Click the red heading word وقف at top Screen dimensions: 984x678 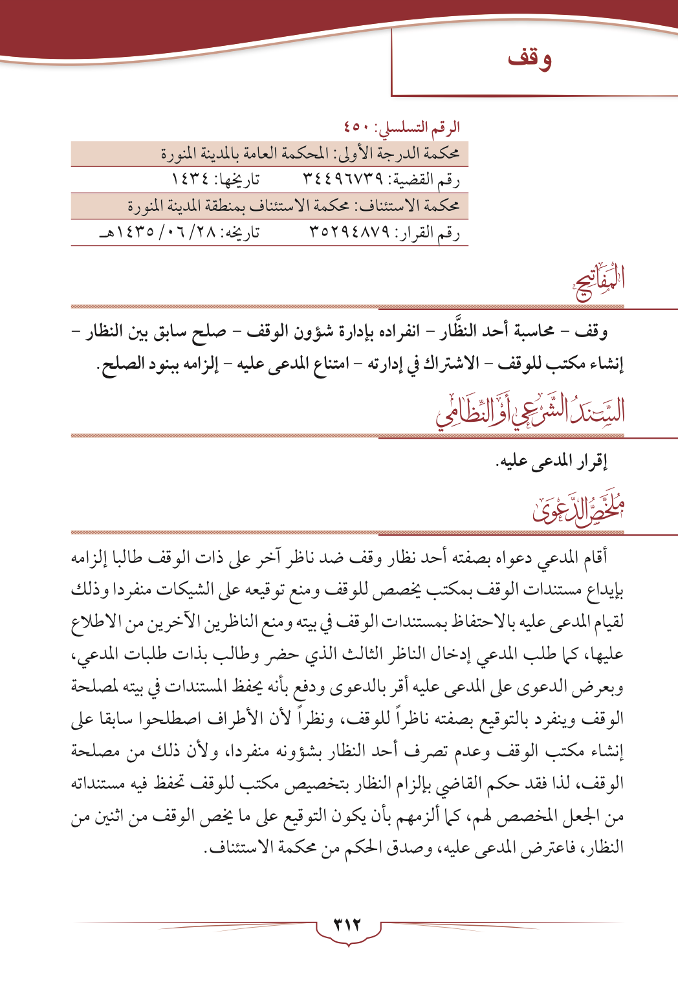coord(530,58)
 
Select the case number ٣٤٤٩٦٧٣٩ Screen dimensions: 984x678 coord(342,179)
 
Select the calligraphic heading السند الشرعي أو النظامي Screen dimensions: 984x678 coord(530,413)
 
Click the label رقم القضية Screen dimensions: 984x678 coord(431,180)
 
